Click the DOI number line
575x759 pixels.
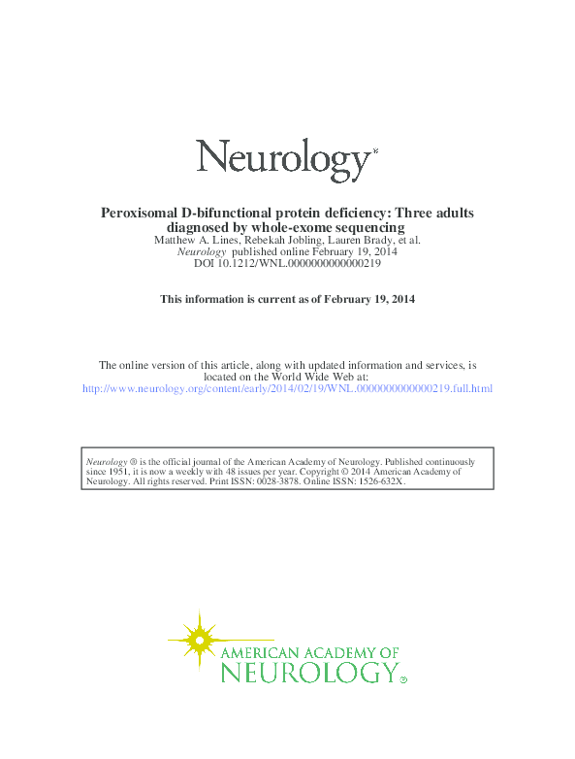click(x=287, y=263)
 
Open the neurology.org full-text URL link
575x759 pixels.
click(x=287, y=388)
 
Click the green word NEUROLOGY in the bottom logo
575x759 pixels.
click(x=308, y=672)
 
